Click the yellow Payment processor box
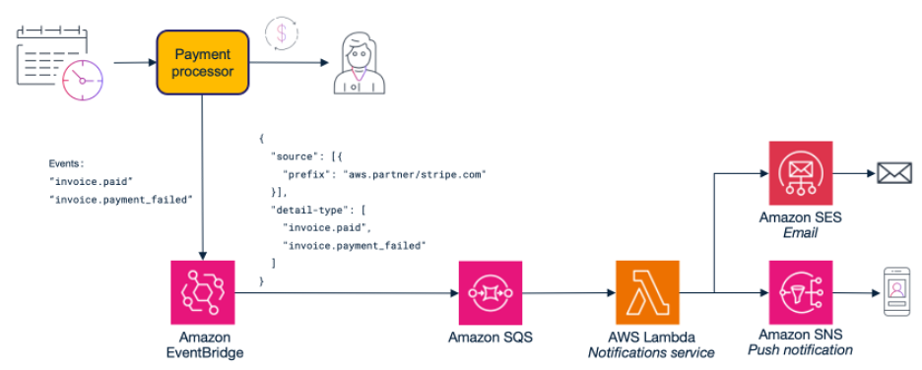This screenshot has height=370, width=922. click(202, 62)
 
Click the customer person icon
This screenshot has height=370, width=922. click(362, 63)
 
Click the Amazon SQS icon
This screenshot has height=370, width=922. click(490, 292)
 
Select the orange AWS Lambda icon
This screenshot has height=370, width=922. click(647, 292)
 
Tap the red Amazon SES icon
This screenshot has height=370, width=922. click(801, 173)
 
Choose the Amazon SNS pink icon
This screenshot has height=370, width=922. click(800, 292)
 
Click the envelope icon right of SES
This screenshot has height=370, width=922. click(893, 174)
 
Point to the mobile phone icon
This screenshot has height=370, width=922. click(894, 292)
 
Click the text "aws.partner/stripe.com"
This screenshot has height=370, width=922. click(415, 174)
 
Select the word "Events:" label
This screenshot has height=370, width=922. click(67, 163)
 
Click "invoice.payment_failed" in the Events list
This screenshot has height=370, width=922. click(119, 199)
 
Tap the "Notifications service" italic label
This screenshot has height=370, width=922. click(650, 352)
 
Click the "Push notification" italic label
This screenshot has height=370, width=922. click(800, 350)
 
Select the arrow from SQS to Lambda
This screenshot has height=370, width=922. click(567, 292)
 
